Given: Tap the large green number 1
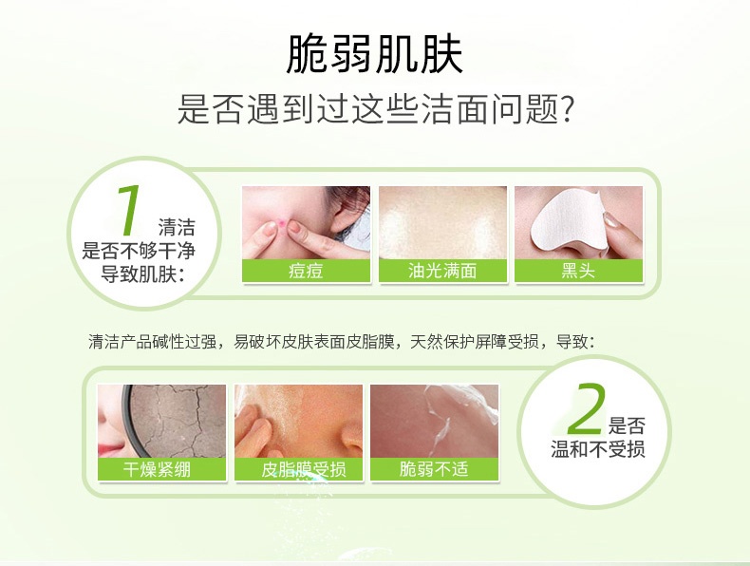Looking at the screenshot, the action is (129, 211).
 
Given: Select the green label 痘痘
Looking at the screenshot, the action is (306, 271).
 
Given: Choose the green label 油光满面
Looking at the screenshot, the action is (442, 271).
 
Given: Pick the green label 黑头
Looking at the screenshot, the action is (579, 271).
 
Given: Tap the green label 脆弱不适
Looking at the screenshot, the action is (434, 469).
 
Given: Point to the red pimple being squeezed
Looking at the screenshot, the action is (282, 221).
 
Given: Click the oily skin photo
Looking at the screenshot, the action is (443, 223).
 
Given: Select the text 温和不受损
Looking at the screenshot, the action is (597, 449).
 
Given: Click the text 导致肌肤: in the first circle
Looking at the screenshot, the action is (142, 274).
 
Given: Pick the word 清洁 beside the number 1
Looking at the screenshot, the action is (177, 227).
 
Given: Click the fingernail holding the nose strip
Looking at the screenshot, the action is (611, 220).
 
